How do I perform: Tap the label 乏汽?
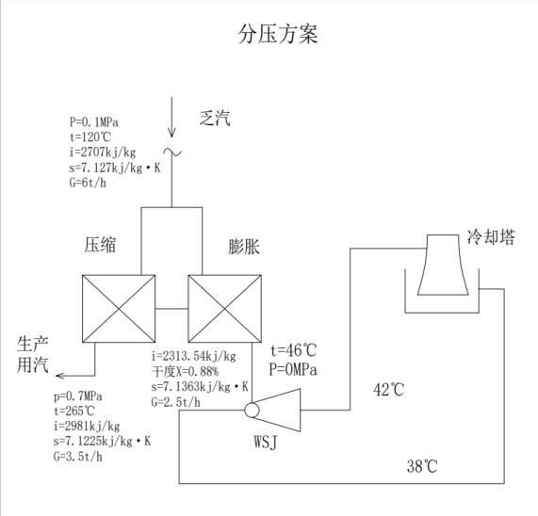pyautogui.click(x=214, y=119)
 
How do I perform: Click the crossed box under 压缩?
pyautogui.click(x=119, y=308)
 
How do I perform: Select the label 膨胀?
pyautogui.click(x=245, y=248)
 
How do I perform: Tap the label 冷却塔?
pyautogui.click(x=492, y=237)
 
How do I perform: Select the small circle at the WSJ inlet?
pyautogui.click(x=251, y=411)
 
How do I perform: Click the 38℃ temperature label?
pyautogui.click(x=423, y=466)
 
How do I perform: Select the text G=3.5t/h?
pyautogui.click(x=76, y=458)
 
